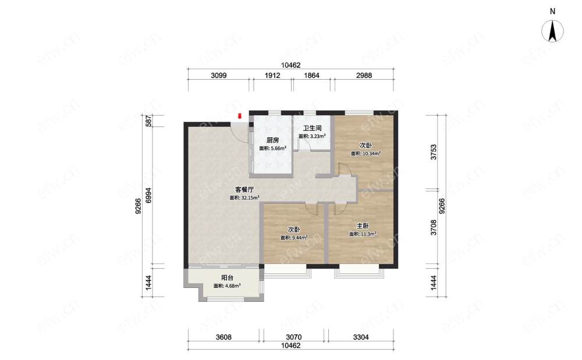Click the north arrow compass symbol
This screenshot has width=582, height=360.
pos(552,31)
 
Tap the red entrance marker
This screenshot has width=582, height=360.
pos(240,116)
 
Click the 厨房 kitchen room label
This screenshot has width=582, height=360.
pos(272,140)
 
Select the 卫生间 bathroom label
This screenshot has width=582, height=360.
pos(312,129)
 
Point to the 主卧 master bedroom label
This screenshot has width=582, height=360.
pos(363,226)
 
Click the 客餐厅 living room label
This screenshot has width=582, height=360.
pos(244,190)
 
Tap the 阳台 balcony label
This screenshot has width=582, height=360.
pos(227,277)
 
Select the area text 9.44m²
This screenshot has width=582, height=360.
pos(299,238)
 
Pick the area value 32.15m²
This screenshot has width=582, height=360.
pos(249,198)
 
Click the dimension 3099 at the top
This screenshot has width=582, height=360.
pos(219,76)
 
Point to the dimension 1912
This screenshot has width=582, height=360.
pos(272,76)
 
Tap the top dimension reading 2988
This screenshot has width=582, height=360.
pos(364,76)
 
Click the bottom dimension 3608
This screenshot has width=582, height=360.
pos(224,337)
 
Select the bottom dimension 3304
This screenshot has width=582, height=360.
pos(361,337)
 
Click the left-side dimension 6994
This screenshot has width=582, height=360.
pos(148,195)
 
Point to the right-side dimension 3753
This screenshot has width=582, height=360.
pos(433,152)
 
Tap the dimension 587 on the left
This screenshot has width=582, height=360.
pos(148,121)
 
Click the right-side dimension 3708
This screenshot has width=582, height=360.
pos(433,227)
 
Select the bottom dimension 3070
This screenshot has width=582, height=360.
pos(293,337)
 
